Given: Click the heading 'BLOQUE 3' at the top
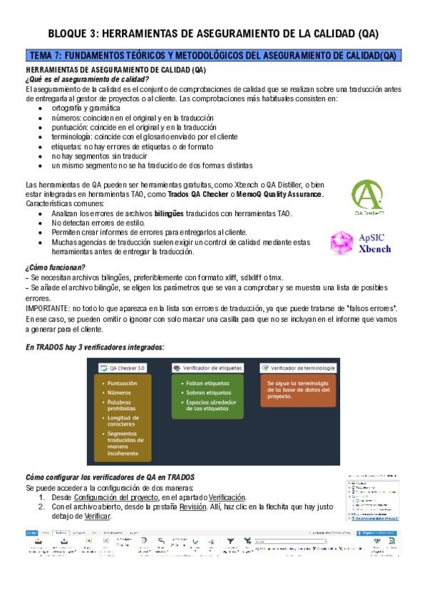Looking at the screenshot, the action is point(213,33).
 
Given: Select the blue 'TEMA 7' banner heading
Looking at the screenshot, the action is point(213,56).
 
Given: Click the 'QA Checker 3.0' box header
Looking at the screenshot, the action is point(123,367).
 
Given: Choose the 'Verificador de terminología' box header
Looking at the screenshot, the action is point(297,367).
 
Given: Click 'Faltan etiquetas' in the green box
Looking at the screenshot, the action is point(207,383).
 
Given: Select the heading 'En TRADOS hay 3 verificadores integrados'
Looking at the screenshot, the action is point(95,347).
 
